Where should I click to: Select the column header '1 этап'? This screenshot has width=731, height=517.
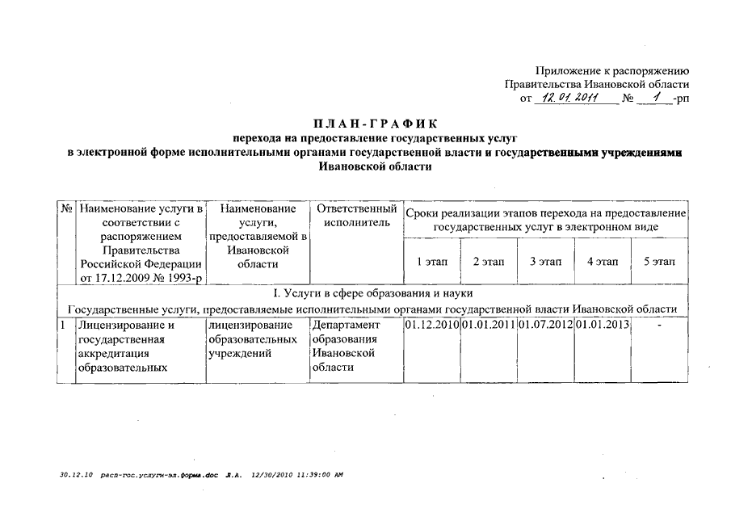(x=431, y=263)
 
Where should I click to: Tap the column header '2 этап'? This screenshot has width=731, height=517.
(x=488, y=263)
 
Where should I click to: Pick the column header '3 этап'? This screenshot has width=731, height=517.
(x=545, y=263)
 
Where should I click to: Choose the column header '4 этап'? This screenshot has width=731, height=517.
(x=602, y=263)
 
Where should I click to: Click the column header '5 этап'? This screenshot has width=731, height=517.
(x=659, y=263)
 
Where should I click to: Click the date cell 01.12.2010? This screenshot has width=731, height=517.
(x=431, y=325)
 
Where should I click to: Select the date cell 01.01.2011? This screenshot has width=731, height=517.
(x=488, y=325)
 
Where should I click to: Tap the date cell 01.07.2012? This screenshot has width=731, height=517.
(x=545, y=325)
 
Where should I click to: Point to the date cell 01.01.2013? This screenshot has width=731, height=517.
(x=602, y=325)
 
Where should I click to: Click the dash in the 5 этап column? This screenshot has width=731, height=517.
(x=660, y=325)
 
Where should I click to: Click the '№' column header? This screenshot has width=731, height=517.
(x=67, y=209)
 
